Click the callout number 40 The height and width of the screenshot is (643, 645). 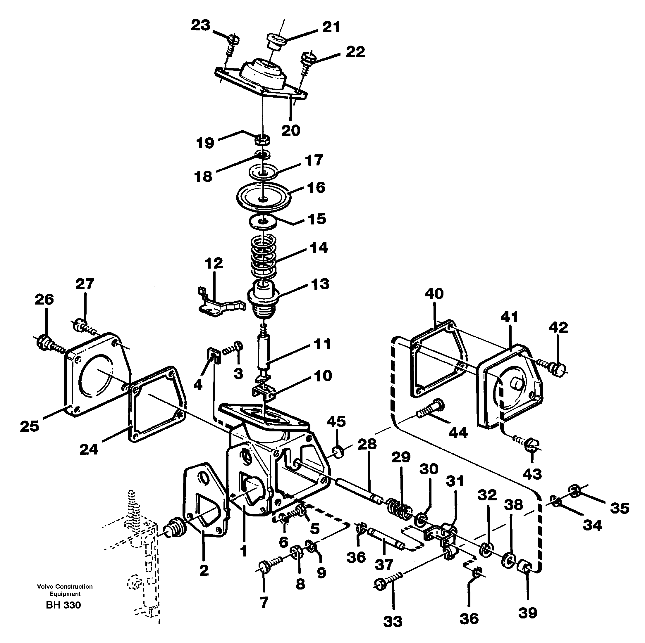(x=434, y=294)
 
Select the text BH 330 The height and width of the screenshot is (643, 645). (x=63, y=605)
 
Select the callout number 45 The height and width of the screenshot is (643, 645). (x=336, y=421)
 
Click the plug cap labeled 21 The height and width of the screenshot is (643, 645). (x=276, y=42)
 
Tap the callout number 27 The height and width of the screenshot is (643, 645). (x=85, y=284)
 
